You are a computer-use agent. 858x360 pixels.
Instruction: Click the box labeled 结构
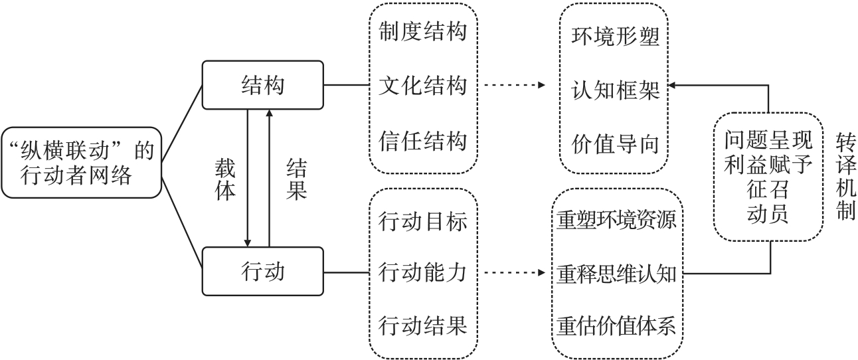263,85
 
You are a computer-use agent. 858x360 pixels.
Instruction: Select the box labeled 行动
263,271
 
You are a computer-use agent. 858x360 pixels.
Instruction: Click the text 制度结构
422,31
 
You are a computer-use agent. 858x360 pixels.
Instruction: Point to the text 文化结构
422,86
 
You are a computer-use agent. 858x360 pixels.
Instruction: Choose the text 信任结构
422,141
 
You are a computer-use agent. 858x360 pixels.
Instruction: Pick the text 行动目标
422,219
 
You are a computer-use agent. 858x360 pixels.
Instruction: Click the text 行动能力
422,272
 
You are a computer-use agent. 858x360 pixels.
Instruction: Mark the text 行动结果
422,326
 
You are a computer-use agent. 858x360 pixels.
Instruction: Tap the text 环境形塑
615,37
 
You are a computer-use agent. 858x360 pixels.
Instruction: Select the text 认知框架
615,91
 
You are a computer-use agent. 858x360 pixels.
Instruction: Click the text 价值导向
615,144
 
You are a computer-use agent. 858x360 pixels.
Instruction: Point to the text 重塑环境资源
618,220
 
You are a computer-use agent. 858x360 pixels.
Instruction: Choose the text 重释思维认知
618,273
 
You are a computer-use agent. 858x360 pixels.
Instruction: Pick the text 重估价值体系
618,326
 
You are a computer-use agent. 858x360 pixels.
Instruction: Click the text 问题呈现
768,141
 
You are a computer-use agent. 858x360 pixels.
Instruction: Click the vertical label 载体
226,179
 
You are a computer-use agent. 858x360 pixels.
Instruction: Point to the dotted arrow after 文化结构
515,86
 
